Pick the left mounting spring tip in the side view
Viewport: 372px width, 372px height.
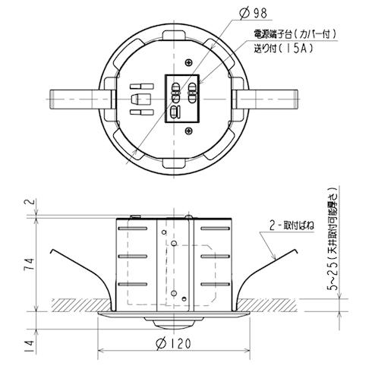51,251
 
